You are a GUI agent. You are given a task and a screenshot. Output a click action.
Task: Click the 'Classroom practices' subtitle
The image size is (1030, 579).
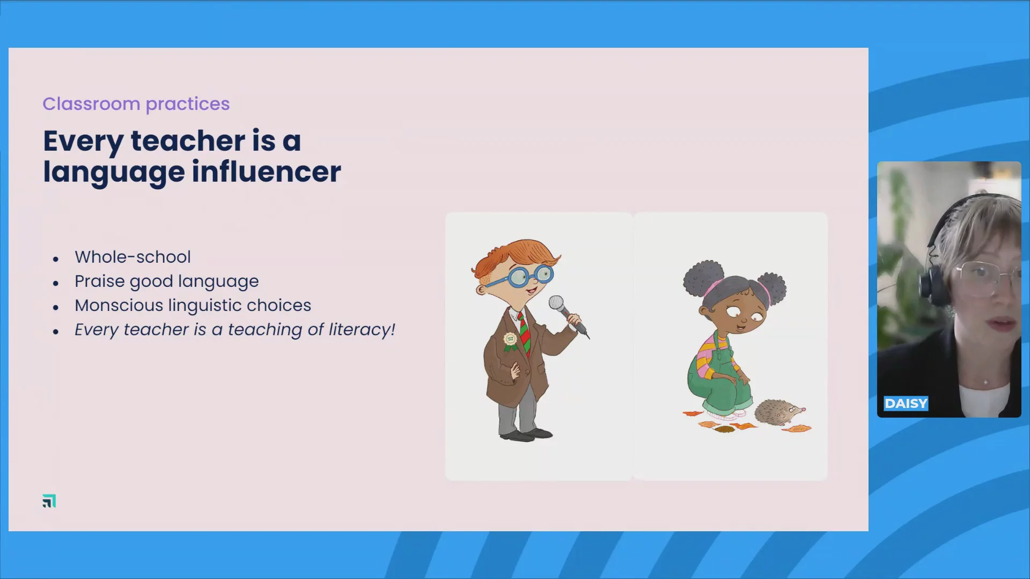click(136, 104)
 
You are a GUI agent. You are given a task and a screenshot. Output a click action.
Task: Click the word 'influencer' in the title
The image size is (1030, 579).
click(267, 172)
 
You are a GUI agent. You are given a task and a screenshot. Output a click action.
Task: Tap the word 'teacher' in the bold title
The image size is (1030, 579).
click(188, 140)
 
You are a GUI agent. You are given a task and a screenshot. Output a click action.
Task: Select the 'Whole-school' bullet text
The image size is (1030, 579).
click(133, 257)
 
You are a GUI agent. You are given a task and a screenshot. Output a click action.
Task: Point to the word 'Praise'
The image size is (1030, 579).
click(100, 281)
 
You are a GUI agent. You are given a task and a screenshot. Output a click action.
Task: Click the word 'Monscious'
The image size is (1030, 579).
click(119, 305)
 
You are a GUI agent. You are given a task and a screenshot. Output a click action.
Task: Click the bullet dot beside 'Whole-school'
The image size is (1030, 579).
click(56, 259)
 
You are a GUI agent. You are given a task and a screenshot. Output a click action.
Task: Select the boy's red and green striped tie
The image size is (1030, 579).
click(524, 334)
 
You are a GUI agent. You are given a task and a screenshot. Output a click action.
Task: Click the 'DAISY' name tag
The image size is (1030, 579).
click(906, 404)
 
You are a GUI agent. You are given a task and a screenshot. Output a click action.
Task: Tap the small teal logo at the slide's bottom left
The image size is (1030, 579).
click(49, 501)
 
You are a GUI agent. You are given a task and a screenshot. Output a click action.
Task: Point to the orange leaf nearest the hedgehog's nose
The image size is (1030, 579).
click(797, 428)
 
